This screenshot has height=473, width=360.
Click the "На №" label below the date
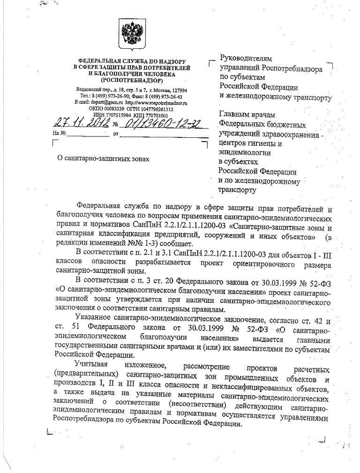tap(60, 133)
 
